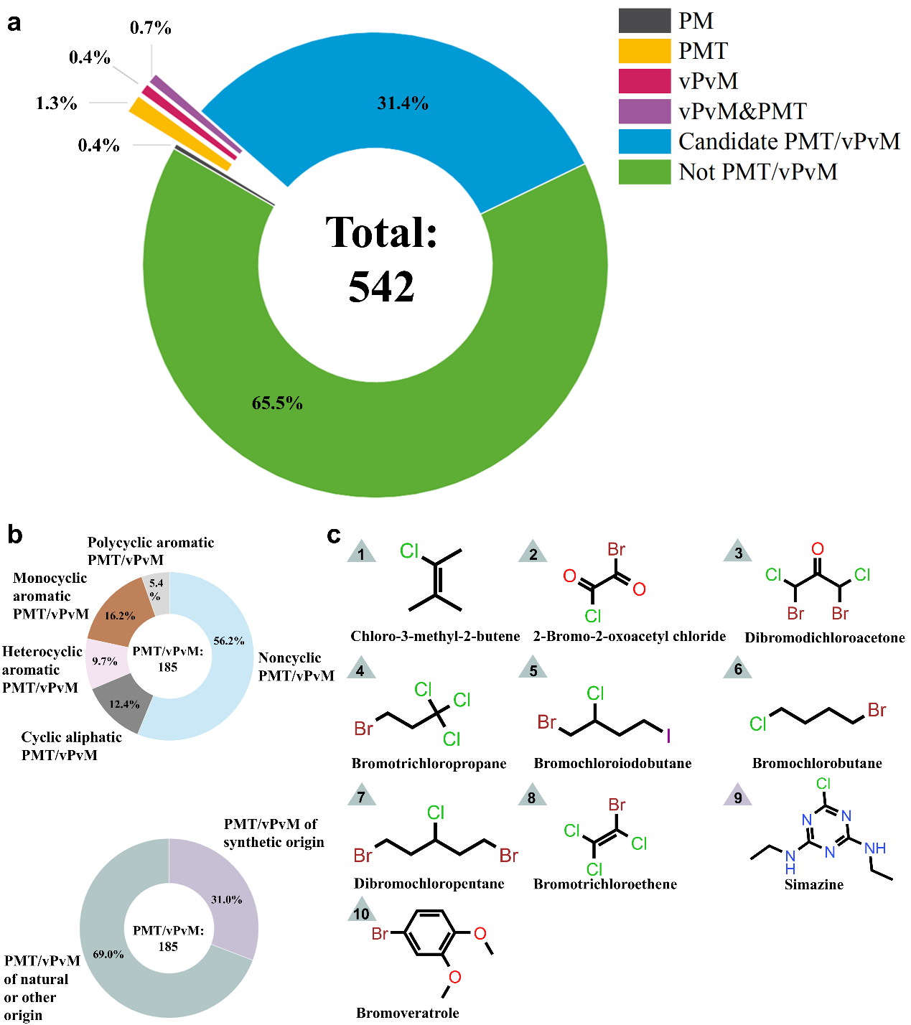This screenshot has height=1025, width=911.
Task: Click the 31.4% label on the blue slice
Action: [x=403, y=103]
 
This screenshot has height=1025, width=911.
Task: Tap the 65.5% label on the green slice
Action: [x=277, y=403]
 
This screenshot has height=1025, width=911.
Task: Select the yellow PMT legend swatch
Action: [x=644, y=51]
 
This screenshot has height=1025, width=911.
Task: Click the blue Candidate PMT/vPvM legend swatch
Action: [x=644, y=141]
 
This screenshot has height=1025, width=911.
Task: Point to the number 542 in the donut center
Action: [x=381, y=286]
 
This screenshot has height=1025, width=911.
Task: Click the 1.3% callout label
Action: [x=56, y=103]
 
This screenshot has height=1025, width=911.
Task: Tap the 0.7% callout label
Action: [x=151, y=28]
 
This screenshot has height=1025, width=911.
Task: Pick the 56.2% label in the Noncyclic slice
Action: [x=229, y=641]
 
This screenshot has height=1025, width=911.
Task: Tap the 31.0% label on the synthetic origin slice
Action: [x=226, y=899]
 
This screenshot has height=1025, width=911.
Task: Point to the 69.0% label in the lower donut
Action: [x=108, y=954]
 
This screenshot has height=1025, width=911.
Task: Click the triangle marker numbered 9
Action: [x=738, y=797]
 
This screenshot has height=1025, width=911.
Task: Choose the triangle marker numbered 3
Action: [x=738, y=553]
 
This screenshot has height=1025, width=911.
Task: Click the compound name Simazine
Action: [x=813, y=884]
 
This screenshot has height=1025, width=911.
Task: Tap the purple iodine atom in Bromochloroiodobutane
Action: [x=668, y=735]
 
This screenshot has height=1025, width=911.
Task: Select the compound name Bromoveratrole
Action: [x=407, y=1013]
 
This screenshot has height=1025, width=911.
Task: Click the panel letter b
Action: [x=14, y=534]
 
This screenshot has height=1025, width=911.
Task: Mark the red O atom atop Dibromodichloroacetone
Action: [x=818, y=549]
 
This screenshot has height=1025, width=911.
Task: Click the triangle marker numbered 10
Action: [x=361, y=913]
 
